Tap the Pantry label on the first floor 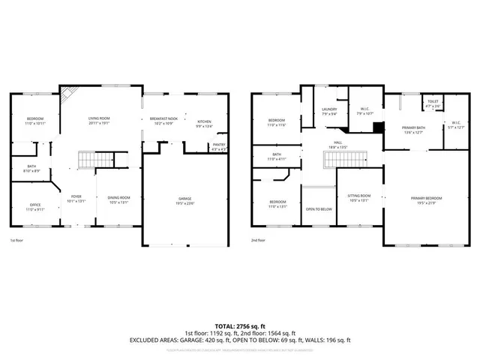[x=219, y=146]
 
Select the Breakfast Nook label [x=163, y=118]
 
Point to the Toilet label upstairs [x=433, y=103]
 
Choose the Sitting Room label [x=359, y=199]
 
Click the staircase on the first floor [x=95, y=160]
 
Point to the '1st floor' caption [x=16, y=240]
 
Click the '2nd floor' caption [x=259, y=240]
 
